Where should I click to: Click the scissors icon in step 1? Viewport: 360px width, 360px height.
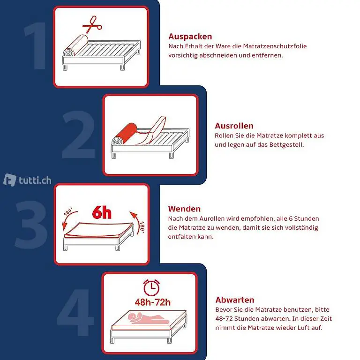click(92, 25)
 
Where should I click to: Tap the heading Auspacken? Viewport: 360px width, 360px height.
click(190, 37)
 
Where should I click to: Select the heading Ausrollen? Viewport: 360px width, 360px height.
click(234, 126)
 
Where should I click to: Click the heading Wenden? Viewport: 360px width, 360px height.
click(184, 209)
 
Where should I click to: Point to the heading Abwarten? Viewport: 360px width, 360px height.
click(235, 300)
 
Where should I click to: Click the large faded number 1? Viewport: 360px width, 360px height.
click(36, 45)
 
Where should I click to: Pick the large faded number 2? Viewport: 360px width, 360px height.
click(79, 135)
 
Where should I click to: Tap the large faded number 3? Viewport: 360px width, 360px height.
click(31, 225)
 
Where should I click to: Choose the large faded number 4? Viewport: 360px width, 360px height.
click(75, 313)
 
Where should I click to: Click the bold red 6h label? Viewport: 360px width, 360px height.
click(102, 212)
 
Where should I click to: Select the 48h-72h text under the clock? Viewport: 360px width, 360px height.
click(153, 302)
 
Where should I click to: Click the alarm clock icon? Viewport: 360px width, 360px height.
click(151, 287)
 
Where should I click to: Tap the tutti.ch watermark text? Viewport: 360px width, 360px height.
click(35, 180)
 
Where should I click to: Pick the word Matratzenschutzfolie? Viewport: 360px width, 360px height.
click(275, 46)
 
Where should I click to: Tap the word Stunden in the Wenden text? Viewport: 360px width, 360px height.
click(307, 218)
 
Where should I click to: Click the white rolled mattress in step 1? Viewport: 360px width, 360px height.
click(75, 45)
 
